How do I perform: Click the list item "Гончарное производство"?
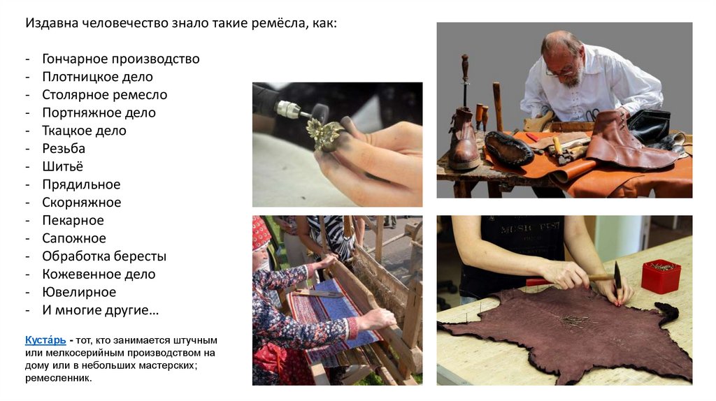pyautogui.click(x=120, y=59)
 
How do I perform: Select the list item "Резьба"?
pyautogui.click(x=64, y=148)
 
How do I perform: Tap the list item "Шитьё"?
pyautogui.click(x=62, y=166)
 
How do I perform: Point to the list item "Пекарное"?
pyautogui.click(x=73, y=220)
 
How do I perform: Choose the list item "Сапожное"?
pyautogui.click(x=74, y=238)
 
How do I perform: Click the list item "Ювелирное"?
pyautogui.click(x=79, y=292)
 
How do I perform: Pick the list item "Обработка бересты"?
pyautogui.click(x=104, y=256)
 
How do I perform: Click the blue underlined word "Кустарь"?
pyautogui.click(x=45, y=340)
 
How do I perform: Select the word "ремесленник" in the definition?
pyautogui.click(x=58, y=378)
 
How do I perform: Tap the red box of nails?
pyautogui.click(x=661, y=275)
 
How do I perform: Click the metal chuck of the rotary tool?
pyautogui.click(x=287, y=110)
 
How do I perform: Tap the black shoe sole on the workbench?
pyautogui.click(x=509, y=148)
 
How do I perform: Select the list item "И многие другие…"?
pyautogui.click(x=101, y=310)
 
